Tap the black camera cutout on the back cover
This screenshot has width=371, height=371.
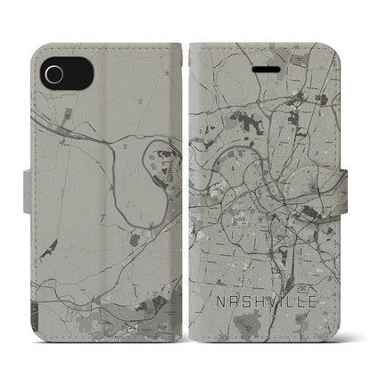[x=51, y=70]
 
